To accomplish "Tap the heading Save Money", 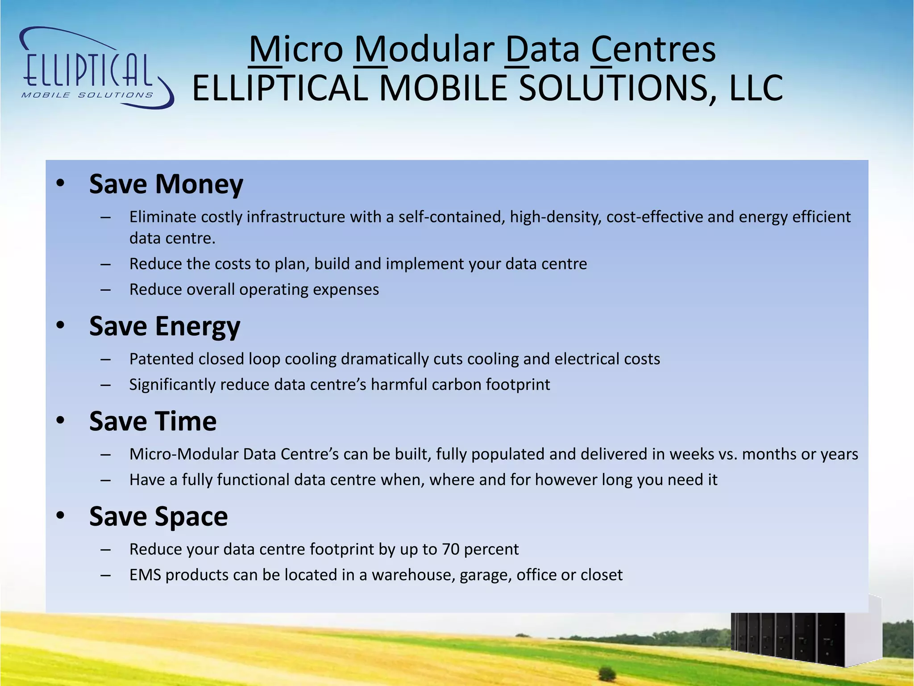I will (x=166, y=184).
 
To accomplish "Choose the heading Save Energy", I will (x=165, y=326).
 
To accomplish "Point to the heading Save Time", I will (x=153, y=421).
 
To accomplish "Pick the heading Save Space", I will (x=158, y=516).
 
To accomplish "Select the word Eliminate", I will (x=163, y=217).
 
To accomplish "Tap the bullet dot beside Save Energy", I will (x=61, y=325).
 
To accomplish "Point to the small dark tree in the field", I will (x=606, y=672).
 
